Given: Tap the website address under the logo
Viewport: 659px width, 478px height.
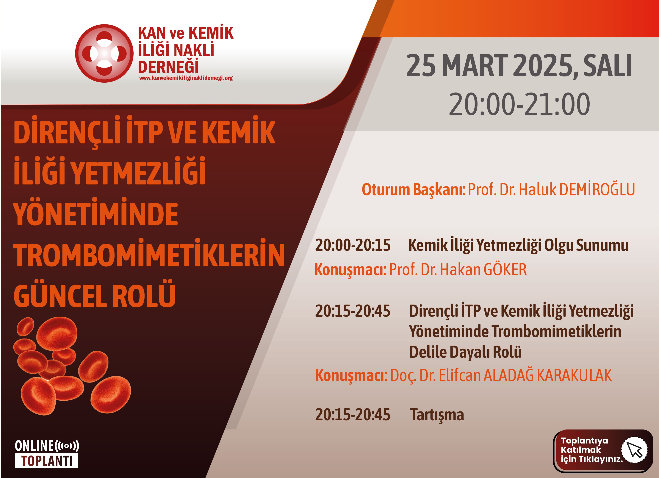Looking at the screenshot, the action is tap(186, 78).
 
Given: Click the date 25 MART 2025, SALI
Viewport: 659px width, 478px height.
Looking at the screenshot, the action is tap(519, 65).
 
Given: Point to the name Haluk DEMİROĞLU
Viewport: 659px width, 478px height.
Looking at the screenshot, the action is tap(577, 189).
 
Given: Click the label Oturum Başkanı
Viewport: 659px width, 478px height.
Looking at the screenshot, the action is tap(414, 190).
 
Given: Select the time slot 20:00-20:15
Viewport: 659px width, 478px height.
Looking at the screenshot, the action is tap(353, 245).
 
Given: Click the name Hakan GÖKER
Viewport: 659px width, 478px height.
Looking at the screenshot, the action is tap(483, 269).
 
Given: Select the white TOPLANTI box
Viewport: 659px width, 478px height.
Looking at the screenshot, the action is tap(47, 461).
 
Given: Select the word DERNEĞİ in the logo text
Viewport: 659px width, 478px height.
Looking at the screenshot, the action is tap(168, 66).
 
